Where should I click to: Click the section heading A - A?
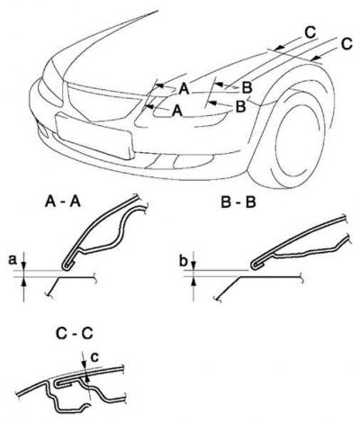click(x=63, y=202)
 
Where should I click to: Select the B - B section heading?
click(x=238, y=202)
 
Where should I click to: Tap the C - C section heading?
click(x=75, y=334)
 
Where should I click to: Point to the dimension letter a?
click(x=13, y=260)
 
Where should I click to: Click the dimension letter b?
click(x=184, y=261)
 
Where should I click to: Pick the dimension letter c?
click(x=94, y=356)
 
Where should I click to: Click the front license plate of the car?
click(x=94, y=135)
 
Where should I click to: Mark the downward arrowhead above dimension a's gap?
click(x=23, y=266)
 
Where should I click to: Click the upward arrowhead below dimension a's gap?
click(x=23, y=281)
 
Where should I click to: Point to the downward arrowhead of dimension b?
click(x=193, y=266)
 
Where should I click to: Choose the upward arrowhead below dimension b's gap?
click(x=193, y=281)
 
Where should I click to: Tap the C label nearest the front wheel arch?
click(x=346, y=44)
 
